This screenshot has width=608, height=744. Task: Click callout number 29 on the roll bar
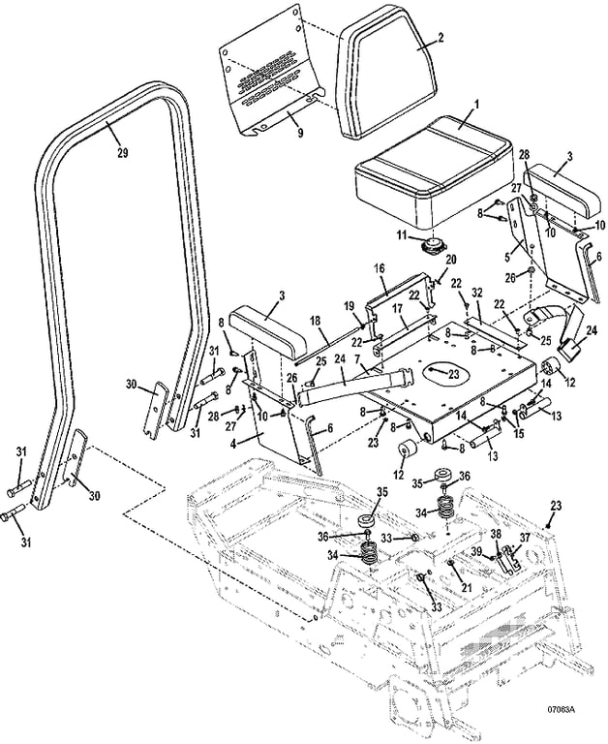[122, 153]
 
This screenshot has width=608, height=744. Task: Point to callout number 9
[300, 133]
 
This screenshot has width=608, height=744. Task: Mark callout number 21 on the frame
[468, 587]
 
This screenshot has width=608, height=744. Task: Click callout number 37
[525, 537]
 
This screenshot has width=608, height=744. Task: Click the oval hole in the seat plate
[438, 373]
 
